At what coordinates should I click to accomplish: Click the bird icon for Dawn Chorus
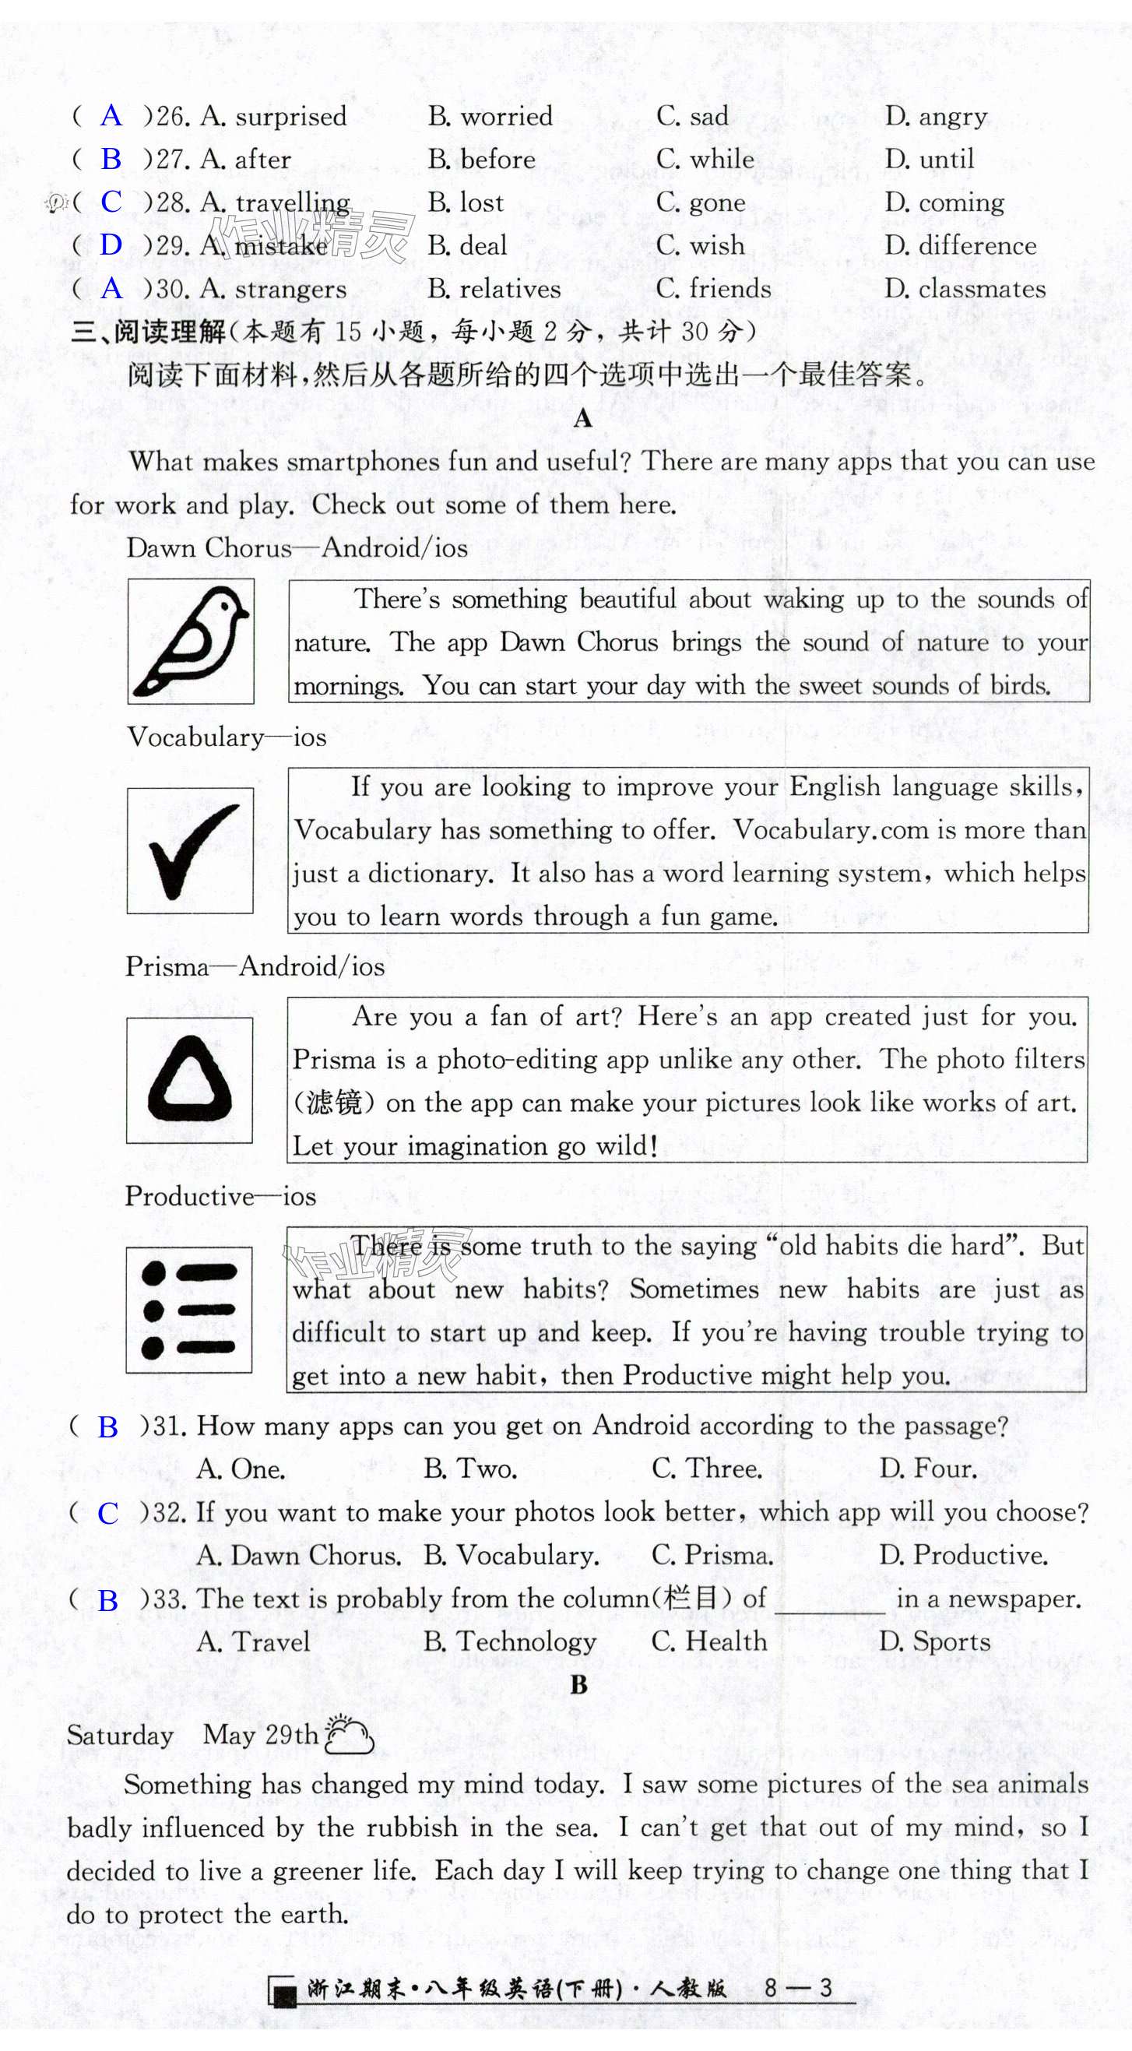coord(191,642)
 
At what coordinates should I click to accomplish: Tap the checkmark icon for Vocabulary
coord(190,850)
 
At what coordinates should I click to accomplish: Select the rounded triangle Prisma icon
coord(189,1080)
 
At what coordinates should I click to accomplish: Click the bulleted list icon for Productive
coord(189,1310)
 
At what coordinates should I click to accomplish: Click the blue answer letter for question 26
coord(111,116)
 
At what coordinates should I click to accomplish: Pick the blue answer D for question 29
coord(111,245)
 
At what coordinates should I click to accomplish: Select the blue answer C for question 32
coord(107,1513)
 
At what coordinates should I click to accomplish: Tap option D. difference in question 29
coord(961,245)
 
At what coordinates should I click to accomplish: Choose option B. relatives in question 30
coord(494,288)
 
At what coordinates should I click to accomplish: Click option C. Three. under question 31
coord(707,1469)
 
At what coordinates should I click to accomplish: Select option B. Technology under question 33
coord(510,1641)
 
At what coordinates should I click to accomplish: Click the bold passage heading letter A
coord(582,418)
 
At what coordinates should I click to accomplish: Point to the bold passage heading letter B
coord(578,1685)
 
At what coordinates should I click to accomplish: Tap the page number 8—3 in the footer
coord(798,1989)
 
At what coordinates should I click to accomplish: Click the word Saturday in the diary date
coord(120,1736)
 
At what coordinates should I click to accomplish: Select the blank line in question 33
coord(829,1610)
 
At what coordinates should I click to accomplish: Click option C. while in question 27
coord(705,160)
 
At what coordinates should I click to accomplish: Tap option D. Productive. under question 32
coord(963,1555)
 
